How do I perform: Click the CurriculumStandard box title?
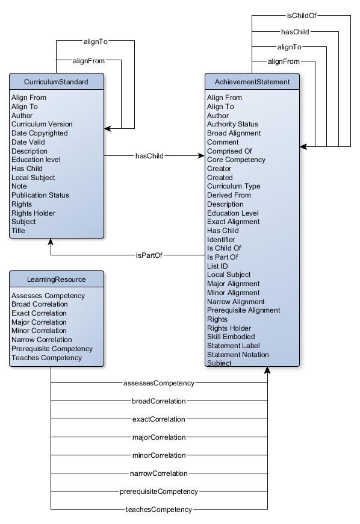tap(56, 82)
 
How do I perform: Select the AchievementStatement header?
tap(252, 82)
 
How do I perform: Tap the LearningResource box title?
tap(57, 279)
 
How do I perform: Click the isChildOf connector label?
tap(302, 16)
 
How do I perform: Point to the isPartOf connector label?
tap(149, 255)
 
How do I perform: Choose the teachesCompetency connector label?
tap(158, 510)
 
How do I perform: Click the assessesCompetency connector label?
tap(158, 383)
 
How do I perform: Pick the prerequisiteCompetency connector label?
tap(158, 491)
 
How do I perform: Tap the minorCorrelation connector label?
tap(159, 455)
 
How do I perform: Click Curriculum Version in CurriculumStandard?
tap(42, 124)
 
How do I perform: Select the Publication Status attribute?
tap(40, 195)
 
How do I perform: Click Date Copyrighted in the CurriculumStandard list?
tap(39, 133)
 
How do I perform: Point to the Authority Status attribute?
tap(233, 124)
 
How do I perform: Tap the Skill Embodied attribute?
tap(231, 337)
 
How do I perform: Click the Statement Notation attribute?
tap(238, 355)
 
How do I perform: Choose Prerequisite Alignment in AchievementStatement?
tap(244, 310)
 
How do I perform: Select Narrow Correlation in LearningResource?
tap(42, 340)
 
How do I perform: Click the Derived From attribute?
tap(229, 195)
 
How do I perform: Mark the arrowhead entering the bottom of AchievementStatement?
tap(267, 370)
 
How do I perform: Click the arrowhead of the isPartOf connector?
tap(51, 242)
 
